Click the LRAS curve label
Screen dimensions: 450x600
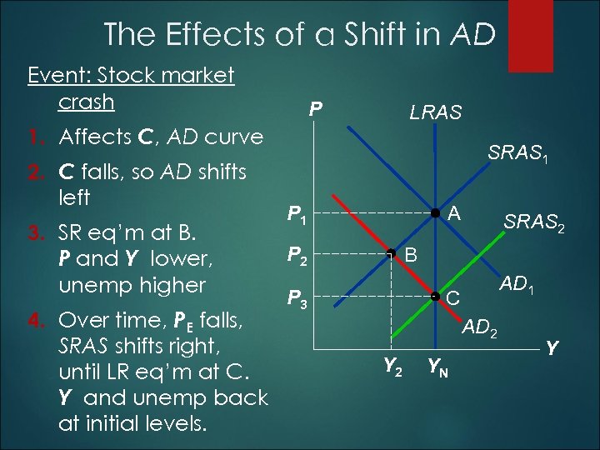click(x=434, y=112)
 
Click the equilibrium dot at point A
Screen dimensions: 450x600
click(x=434, y=214)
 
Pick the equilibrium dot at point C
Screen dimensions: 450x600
click(x=434, y=296)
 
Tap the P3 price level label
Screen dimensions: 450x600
click(x=297, y=298)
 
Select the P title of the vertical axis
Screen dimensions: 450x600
click(x=315, y=110)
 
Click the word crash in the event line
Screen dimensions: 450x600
click(x=86, y=102)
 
